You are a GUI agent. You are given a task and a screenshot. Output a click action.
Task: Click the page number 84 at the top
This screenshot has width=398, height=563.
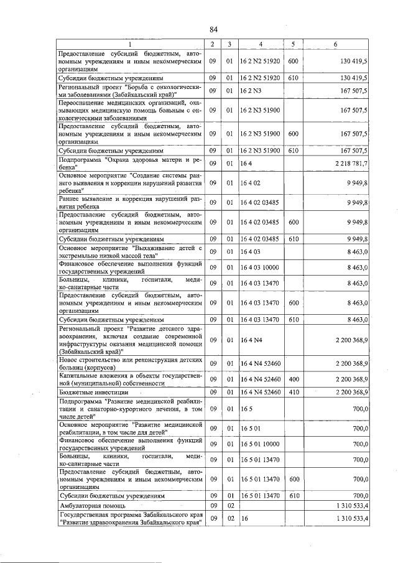[213, 29]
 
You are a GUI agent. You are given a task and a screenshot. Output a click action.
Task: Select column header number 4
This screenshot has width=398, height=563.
[261, 44]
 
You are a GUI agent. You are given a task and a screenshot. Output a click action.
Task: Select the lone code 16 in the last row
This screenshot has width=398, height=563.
[244, 519]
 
